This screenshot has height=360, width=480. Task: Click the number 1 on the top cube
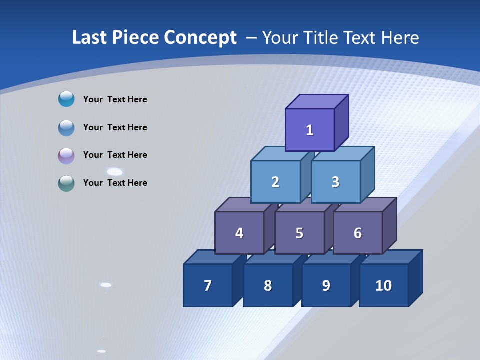[x=310, y=130]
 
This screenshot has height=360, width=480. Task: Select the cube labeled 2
[x=275, y=182]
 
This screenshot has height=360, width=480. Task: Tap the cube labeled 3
[x=335, y=182]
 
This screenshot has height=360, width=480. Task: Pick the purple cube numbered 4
[x=239, y=233]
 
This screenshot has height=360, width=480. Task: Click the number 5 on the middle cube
[x=299, y=233]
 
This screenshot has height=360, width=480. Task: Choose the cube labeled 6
[x=358, y=233]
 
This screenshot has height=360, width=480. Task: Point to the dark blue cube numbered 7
[x=208, y=286]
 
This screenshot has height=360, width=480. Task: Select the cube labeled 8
[x=268, y=286]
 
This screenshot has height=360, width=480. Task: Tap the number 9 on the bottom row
[x=326, y=286]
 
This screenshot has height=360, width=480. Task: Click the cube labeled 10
[x=384, y=286]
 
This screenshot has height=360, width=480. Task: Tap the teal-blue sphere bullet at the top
[x=66, y=99]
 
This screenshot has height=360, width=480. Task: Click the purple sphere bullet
[x=66, y=156]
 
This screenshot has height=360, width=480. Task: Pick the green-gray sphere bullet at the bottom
[x=66, y=183]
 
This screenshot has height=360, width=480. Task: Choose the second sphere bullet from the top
[x=66, y=128]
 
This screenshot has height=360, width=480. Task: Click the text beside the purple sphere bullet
[x=115, y=155]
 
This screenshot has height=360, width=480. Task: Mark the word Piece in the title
[x=135, y=38]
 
